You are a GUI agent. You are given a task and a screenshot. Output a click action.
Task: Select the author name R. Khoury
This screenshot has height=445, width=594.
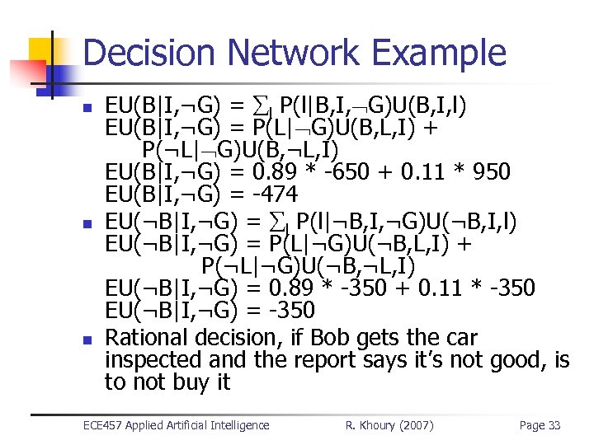[369, 425]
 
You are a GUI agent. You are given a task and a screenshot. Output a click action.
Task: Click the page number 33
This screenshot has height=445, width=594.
[554, 425]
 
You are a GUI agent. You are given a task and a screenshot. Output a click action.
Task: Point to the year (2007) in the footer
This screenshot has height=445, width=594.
[416, 425]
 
